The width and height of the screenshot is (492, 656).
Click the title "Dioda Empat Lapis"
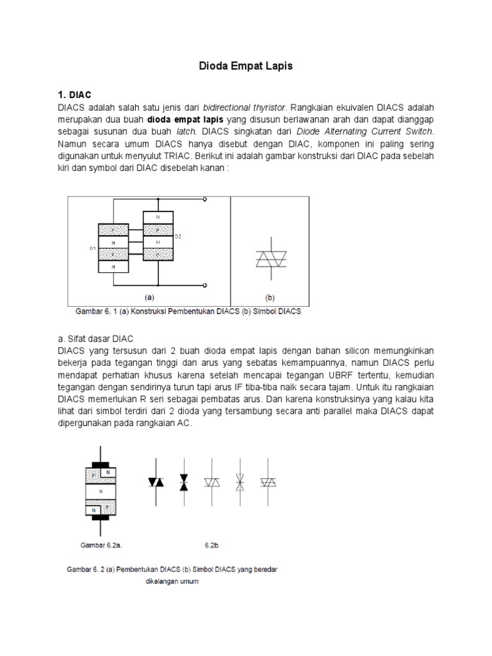pos(246,65)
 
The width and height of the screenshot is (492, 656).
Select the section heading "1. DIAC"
pos(74,94)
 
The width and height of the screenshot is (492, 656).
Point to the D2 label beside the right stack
pos(177,237)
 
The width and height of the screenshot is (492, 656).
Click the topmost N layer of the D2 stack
pos(158,218)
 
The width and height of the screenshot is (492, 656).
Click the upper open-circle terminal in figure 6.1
pos(204,200)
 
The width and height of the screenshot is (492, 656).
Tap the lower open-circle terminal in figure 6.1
pos(204,285)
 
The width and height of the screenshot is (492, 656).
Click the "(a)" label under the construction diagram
pos(149,298)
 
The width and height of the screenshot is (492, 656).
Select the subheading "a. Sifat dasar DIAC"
pos(96,338)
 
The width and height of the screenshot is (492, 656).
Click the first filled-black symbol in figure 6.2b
pos(154,482)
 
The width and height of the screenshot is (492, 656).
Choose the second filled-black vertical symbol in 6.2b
pos(184,482)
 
